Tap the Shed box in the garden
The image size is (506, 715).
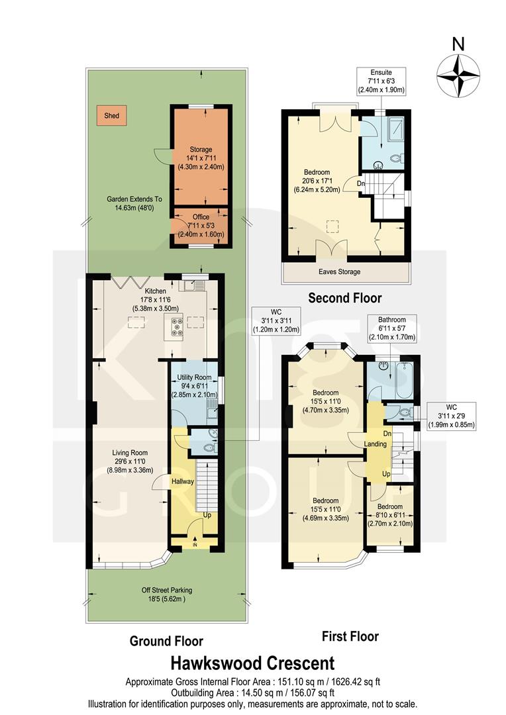[x=111, y=116]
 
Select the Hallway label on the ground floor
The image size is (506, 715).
[x=182, y=481]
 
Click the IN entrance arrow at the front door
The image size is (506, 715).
[x=195, y=544]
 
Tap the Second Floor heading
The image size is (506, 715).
[x=344, y=298]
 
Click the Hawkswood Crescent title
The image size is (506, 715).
[x=253, y=663]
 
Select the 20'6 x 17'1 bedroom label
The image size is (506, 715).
[x=321, y=180]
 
